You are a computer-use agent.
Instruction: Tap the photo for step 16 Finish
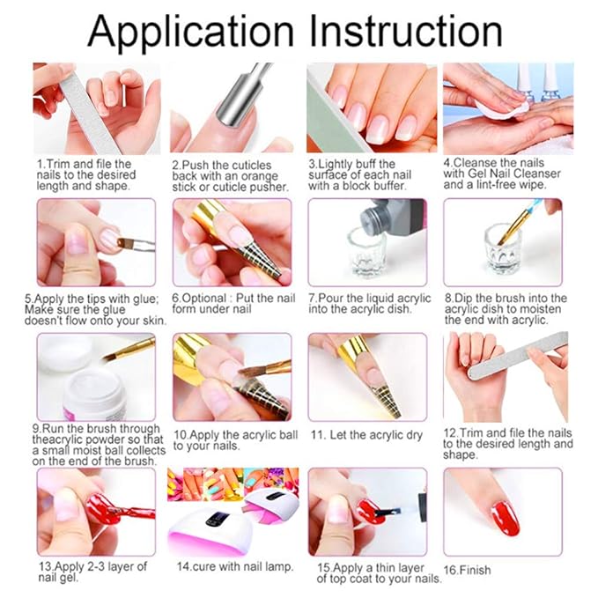click(503, 511)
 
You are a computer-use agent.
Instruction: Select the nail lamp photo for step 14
click(233, 511)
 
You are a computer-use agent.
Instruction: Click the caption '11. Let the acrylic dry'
click(366, 435)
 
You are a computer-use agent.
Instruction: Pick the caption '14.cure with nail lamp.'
click(235, 566)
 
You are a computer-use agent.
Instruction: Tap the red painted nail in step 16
click(506, 517)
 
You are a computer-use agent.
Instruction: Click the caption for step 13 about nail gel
click(92, 572)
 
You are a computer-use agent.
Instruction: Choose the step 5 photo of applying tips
click(96, 241)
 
